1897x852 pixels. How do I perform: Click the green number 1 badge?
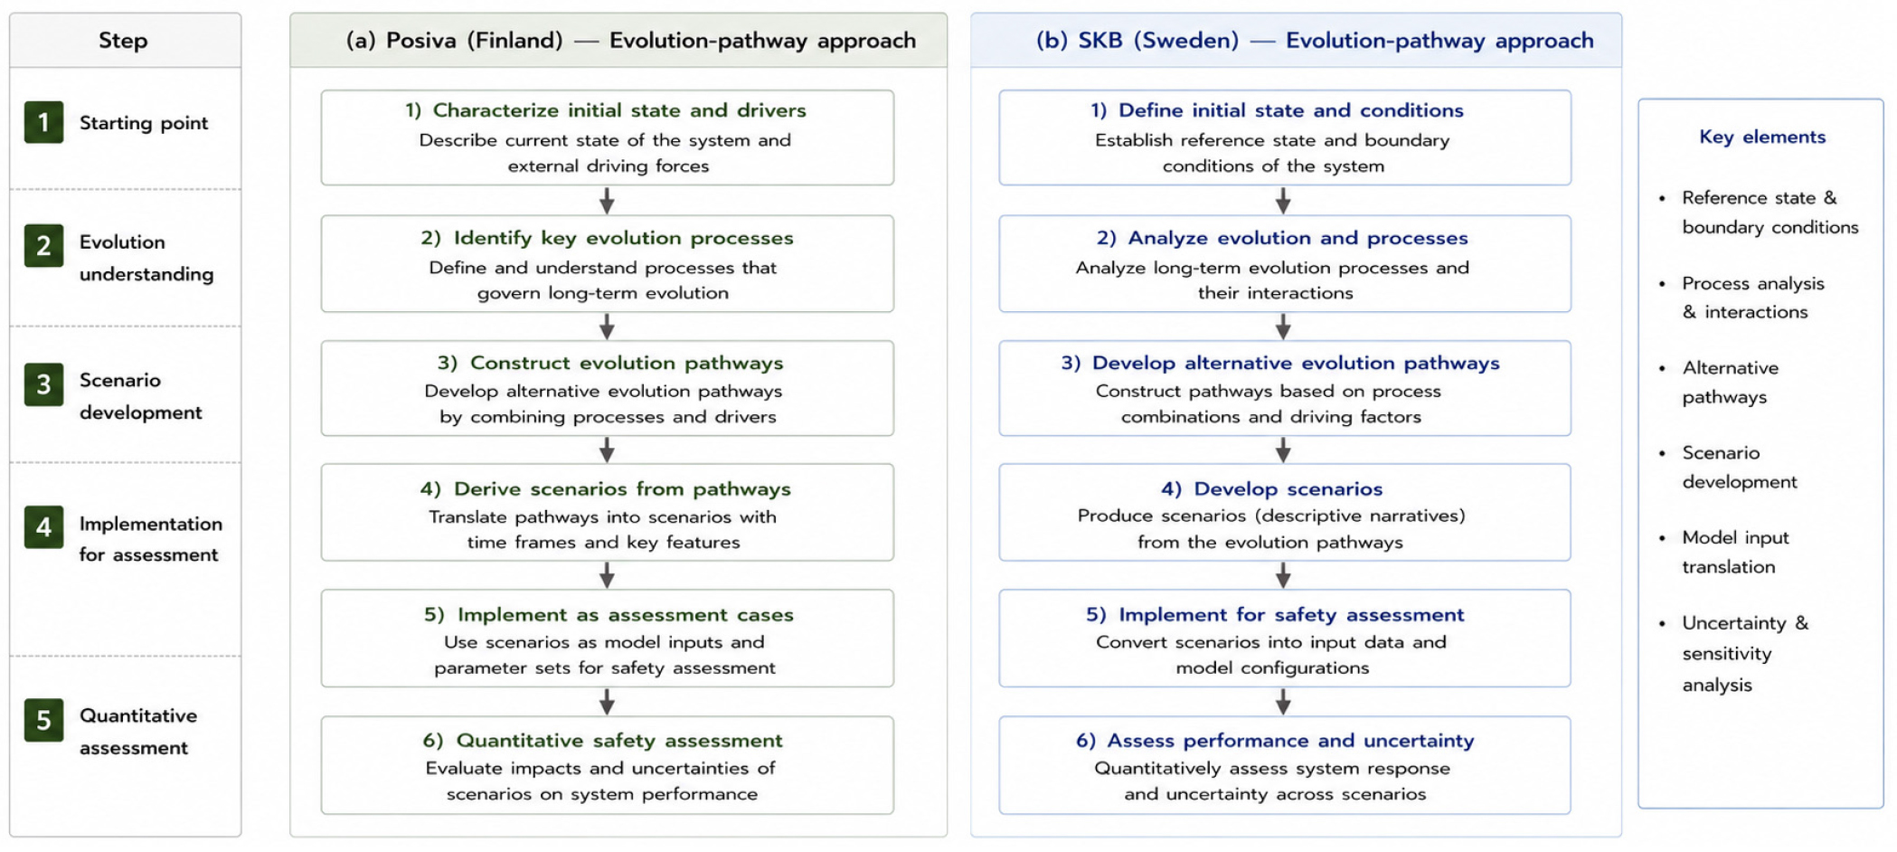coord(43,122)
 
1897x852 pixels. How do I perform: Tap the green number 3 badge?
coord(43,384)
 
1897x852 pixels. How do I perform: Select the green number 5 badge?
coord(43,720)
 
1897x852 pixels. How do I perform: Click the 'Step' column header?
coord(123,41)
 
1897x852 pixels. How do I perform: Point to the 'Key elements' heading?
coord(1762,137)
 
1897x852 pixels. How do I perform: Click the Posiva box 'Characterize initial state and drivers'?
coord(608,137)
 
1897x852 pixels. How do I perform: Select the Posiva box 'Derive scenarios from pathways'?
coord(608,513)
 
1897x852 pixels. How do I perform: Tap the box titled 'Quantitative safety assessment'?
coord(608,765)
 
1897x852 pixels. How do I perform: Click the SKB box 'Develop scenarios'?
coord(1285,513)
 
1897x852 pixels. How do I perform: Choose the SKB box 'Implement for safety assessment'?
coord(1285,639)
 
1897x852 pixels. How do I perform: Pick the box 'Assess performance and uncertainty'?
coord(1285,765)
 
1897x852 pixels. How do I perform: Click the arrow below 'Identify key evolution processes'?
coord(608,327)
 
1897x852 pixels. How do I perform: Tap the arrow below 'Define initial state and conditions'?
coord(1283,201)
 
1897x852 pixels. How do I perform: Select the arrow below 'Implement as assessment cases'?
coord(608,702)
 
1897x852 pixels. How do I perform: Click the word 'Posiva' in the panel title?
coord(421,41)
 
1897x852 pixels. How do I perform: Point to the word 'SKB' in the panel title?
coord(1100,41)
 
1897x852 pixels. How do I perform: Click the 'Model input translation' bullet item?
coord(1735,552)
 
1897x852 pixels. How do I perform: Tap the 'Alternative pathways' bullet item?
coord(1730,383)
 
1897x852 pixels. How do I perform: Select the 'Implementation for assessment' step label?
coord(150,539)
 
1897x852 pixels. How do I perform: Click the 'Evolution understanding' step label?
coord(146,258)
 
